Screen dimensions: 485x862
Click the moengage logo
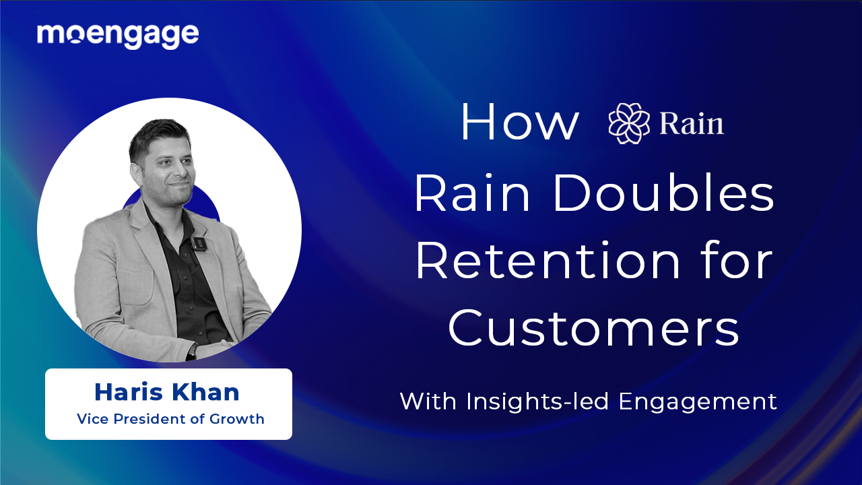pos(118,35)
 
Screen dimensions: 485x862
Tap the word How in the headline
pos(519,123)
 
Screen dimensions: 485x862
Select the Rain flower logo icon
pos(629,124)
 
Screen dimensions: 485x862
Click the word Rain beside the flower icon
pos(692,125)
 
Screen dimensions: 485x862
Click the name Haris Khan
pos(167,391)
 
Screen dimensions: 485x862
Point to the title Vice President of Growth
pos(170,419)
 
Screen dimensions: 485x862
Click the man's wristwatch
pos(193,351)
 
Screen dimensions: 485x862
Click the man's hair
pos(159,134)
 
